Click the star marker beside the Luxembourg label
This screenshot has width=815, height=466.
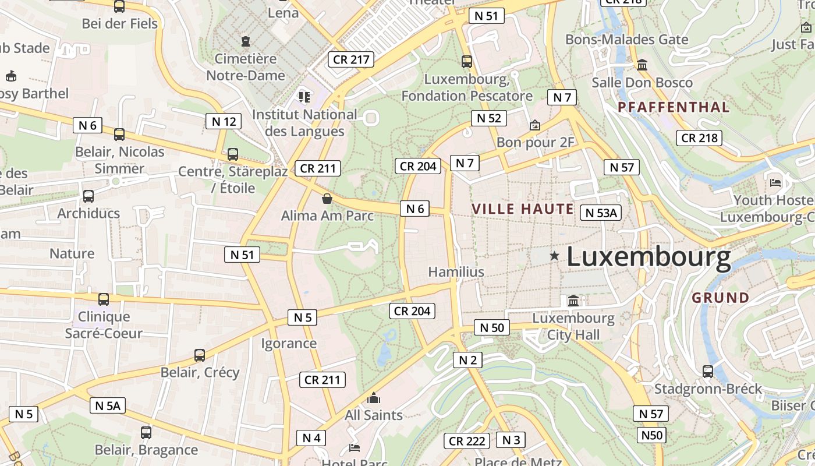[x=554, y=255]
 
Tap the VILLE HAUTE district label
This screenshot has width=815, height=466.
[x=523, y=209]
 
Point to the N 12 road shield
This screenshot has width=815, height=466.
[x=224, y=121]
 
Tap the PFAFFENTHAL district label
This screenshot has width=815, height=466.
[x=674, y=107]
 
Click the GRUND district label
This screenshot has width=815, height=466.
[x=721, y=298]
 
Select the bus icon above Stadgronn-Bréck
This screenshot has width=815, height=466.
[x=708, y=371]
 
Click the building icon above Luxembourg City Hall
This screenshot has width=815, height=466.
[x=573, y=301]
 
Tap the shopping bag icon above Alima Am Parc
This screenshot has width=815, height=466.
[x=327, y=199]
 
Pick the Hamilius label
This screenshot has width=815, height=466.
[x=456, y=272]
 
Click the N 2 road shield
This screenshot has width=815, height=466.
[x=467, y=360]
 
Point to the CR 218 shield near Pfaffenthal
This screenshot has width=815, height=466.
[x=699, y=138]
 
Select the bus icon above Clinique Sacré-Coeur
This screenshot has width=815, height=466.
[x=104, y=299]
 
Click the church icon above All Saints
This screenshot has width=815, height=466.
[x=374, y=398]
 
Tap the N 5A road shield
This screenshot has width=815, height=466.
[x=108, y=405]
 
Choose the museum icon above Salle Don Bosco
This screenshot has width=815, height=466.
[x=642, y=65]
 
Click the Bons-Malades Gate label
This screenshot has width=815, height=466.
[x=627, y=40]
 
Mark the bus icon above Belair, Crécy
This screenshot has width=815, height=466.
[x=200, y=355]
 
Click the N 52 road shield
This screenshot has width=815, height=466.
[x=488, y=118]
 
